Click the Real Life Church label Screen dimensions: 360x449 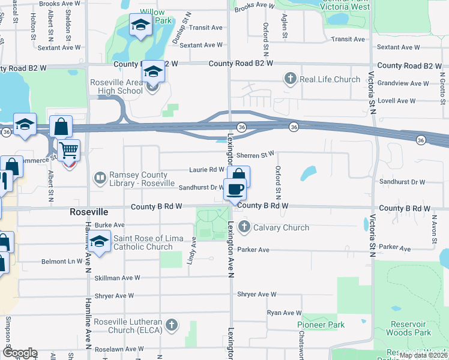point(330,79)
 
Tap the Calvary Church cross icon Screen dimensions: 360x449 point(244,227)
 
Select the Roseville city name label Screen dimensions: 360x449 point(89,212)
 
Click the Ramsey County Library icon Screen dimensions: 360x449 point(100,178)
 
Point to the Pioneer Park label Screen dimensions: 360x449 point(321,325)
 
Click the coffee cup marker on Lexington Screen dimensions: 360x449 point(235,190)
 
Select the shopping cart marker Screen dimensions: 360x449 point(69,149)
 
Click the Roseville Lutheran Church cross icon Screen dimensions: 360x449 point(172,325)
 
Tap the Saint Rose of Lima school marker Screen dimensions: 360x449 point(99,242)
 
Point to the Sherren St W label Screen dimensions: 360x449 point(255,155)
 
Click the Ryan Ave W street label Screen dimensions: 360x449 point(284,313)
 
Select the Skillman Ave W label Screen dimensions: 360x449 point(117,278)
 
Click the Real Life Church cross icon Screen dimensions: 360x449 point(291,79)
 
